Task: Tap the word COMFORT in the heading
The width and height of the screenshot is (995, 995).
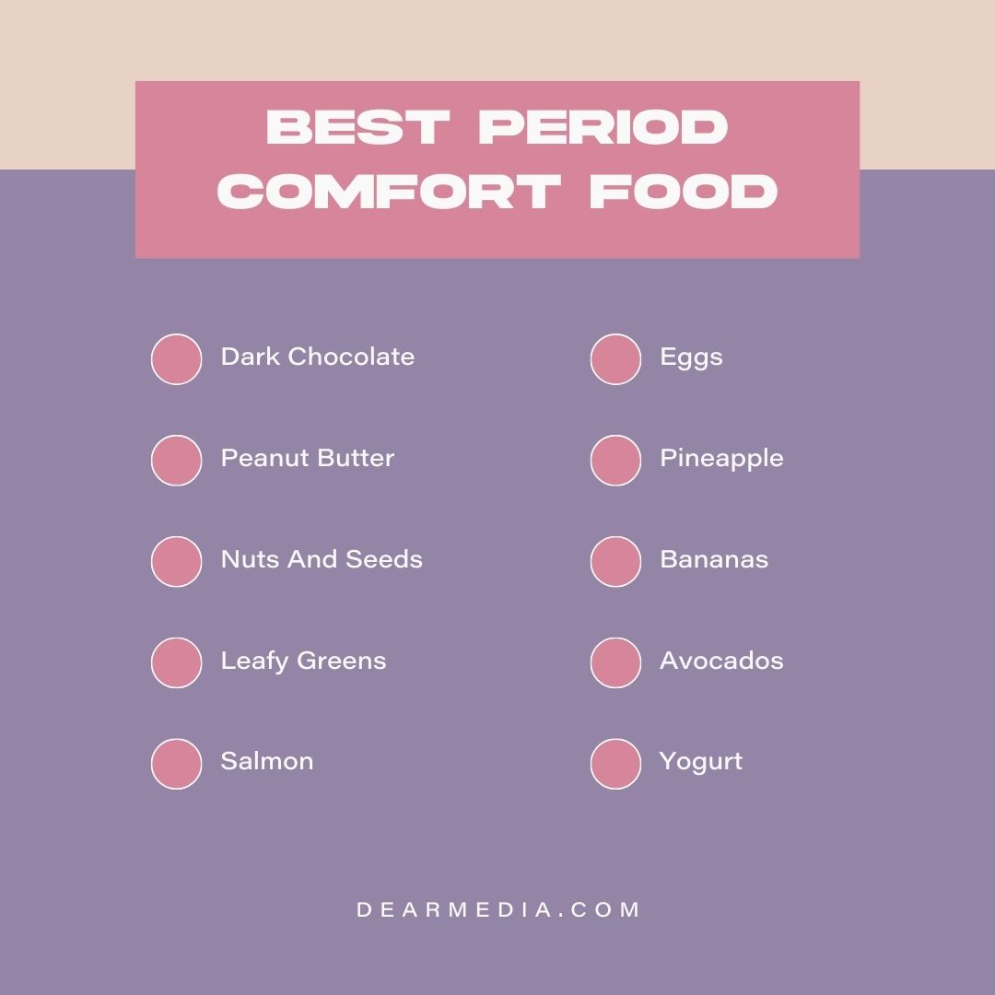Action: coord(390,193)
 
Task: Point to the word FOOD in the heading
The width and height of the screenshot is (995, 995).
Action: coord(683,193)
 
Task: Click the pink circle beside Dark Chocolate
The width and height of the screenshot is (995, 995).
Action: coord(176,359)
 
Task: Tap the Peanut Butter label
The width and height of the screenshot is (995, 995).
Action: coord(307,458)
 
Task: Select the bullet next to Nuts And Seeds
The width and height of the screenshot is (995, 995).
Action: coord(176,562)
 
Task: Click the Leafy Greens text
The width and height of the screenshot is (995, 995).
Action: coord(303,661)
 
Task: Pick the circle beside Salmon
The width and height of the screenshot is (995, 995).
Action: coord(176,764)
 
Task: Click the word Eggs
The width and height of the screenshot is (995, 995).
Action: coord(691,357)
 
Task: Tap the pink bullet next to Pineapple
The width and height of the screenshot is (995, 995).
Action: coord(615,461)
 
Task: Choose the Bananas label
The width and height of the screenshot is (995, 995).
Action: coord(714,559)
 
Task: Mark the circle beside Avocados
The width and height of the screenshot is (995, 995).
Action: coord(615,662)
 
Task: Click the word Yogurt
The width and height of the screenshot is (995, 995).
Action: coord(700,762)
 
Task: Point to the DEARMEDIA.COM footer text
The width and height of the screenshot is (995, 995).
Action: coord(497,910)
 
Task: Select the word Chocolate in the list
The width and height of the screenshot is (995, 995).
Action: coord(351,357)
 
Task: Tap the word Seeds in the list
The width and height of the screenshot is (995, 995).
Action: coord(386,559)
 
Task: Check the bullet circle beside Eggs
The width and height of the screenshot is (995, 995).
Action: coord(615,359)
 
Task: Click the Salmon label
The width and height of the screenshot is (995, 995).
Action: coord(266,761)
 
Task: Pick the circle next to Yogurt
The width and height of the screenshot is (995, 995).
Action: coord(615,764)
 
